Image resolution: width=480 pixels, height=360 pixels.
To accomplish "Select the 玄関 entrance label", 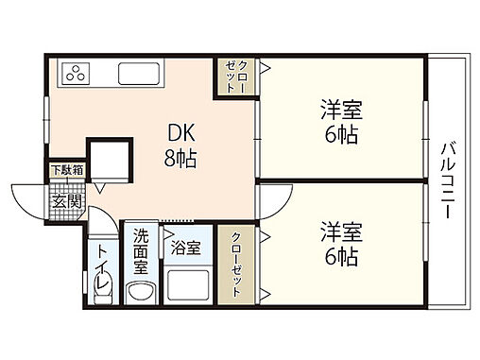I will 66,200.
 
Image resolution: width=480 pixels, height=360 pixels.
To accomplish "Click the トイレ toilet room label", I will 102,267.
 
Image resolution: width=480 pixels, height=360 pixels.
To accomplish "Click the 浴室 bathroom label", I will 185,249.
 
